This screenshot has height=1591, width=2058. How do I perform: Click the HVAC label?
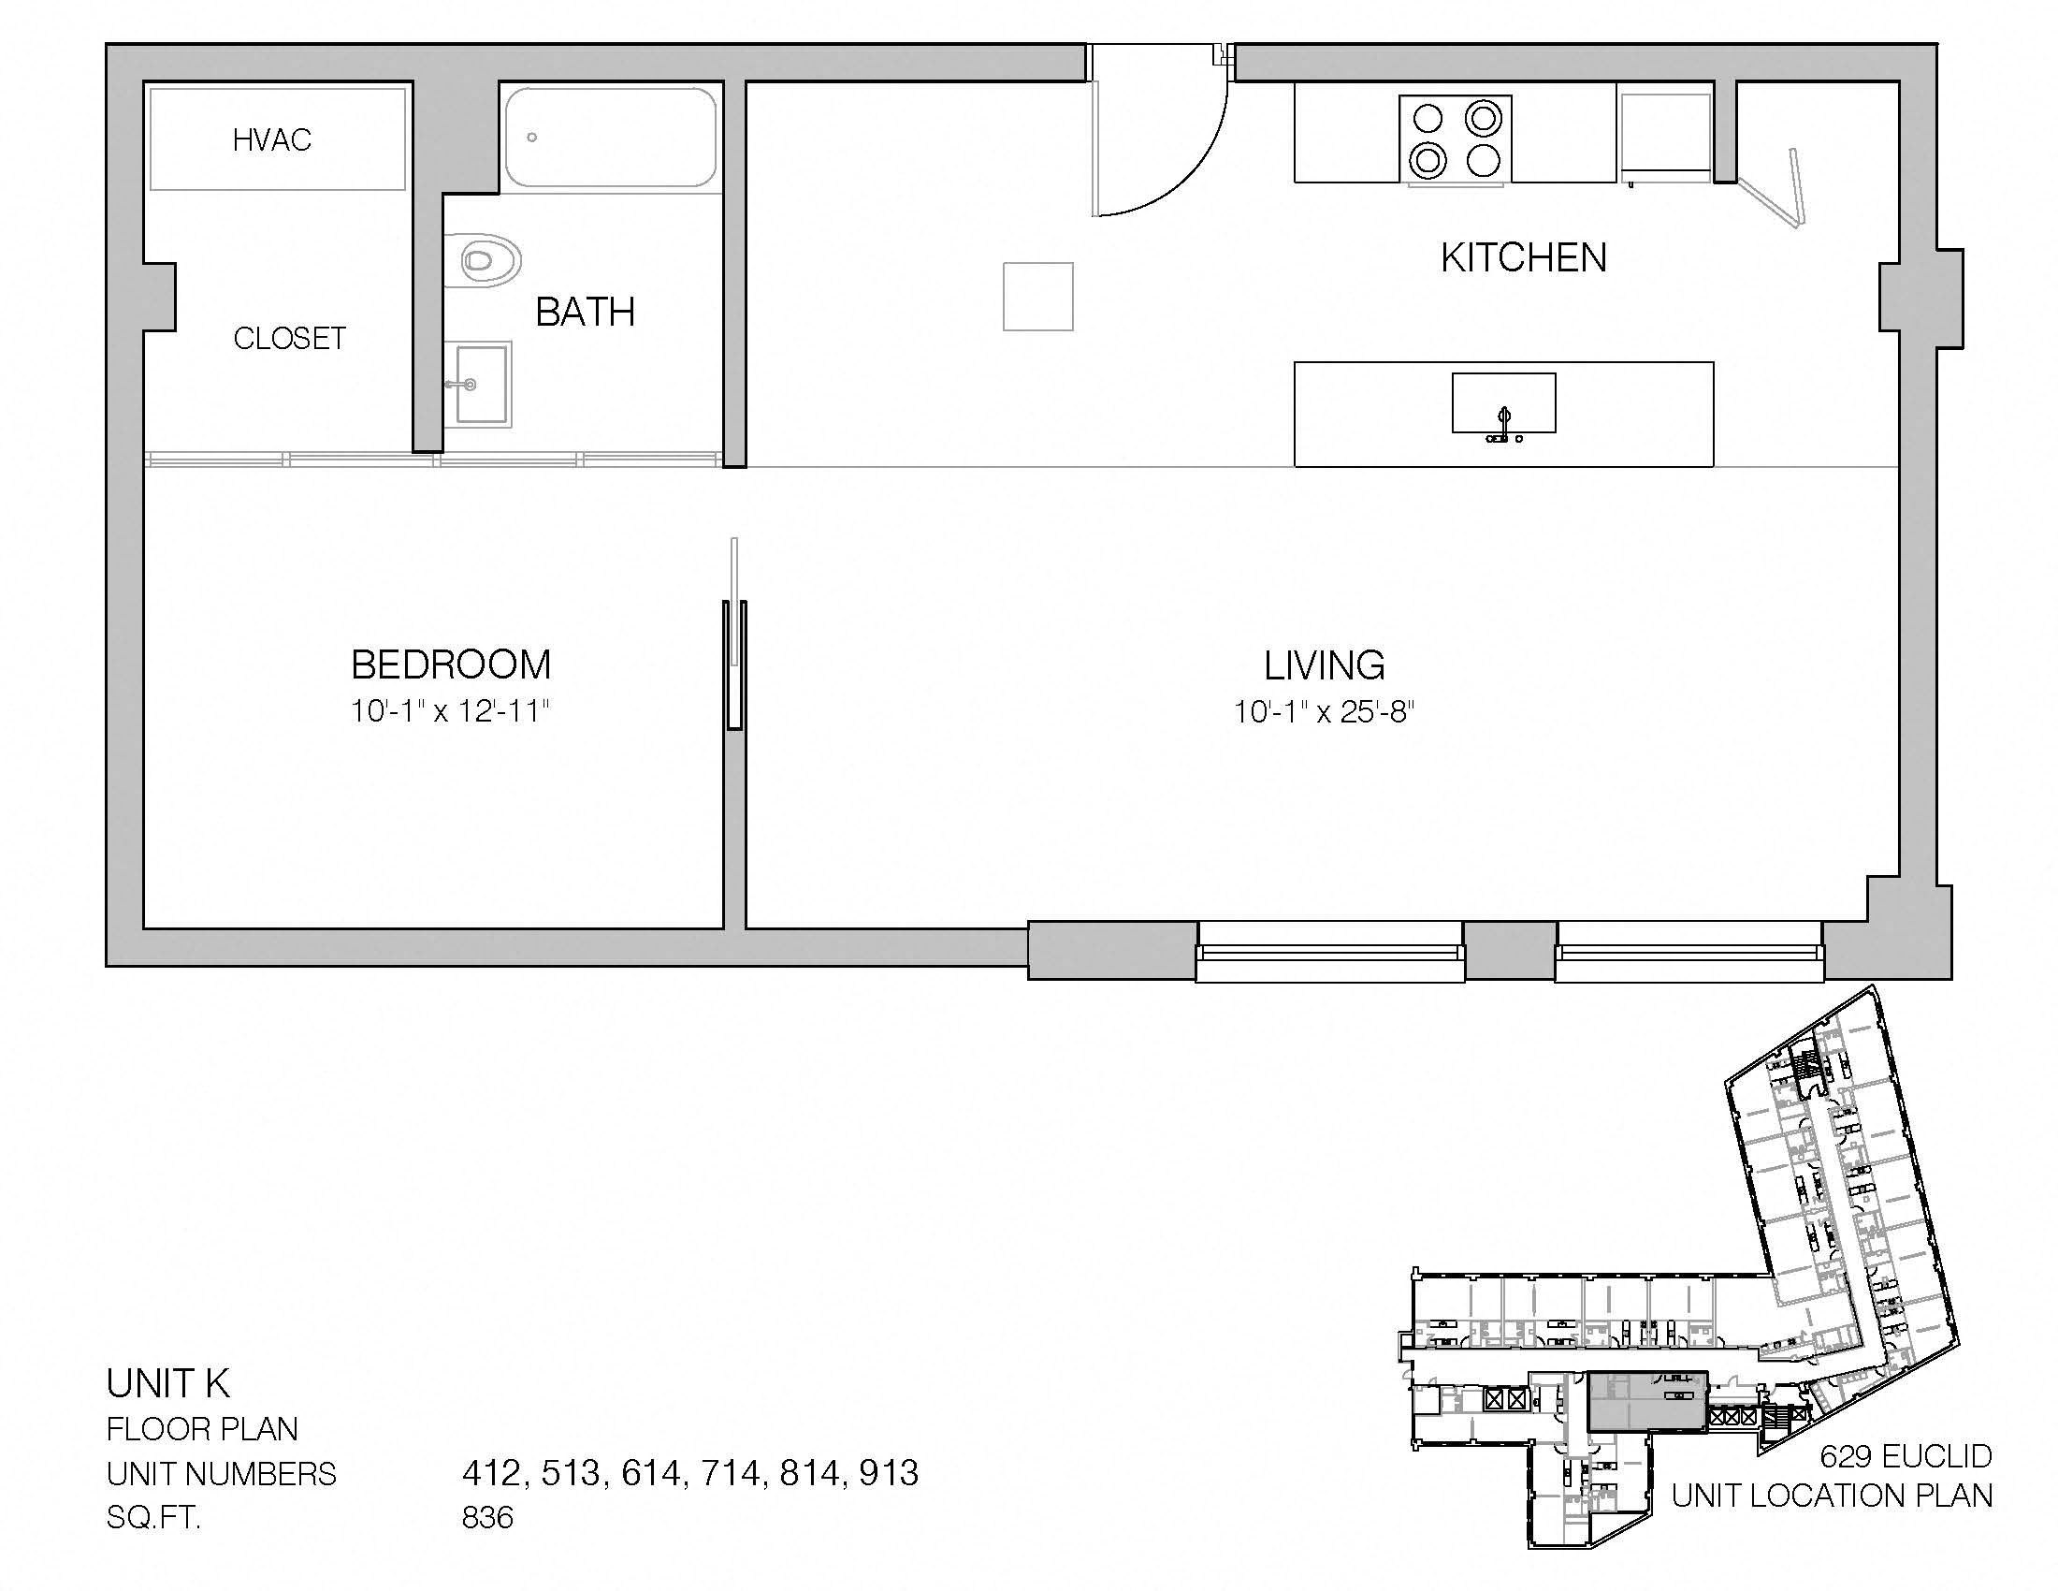click(x=272, y=140)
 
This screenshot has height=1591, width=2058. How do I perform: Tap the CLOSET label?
click(x=289, y=339)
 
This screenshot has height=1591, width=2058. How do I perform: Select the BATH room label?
click(x=586, y=312)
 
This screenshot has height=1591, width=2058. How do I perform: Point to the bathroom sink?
click(x=480, y=384)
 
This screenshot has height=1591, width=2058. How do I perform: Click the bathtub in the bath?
click(x=611, y=138)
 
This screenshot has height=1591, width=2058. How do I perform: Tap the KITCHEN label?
click(x=1524, y=258)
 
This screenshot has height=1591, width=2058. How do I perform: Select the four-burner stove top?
click(x=1455, y=138)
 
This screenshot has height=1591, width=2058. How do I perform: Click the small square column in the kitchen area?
click(x=1037, y=297)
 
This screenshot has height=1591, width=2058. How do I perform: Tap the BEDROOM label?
click(x=451, y=665)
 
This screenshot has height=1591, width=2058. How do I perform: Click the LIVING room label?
click(x=1324, y=666)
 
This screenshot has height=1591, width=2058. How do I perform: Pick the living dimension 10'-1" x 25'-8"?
click(x=1324, y=711)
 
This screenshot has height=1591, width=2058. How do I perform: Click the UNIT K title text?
click(x=167, y=1383)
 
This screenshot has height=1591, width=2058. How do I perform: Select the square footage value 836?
click(x=487, y=1516)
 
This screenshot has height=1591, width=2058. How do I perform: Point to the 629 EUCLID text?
click(x=1906, y=1456)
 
